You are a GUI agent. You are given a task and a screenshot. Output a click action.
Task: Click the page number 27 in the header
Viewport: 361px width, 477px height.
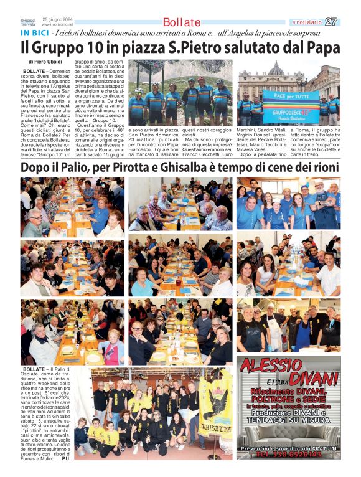click(331, 22)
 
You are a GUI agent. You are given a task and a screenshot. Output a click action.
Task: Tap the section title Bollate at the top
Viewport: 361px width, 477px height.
click(182, 22)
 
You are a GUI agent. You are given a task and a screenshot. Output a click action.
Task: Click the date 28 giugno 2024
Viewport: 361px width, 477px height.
click(56, 20)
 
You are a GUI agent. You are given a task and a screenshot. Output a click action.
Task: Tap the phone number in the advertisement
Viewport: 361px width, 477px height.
click(288, 455)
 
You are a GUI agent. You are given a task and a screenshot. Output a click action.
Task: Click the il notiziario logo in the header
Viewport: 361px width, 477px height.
click(307, 22)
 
